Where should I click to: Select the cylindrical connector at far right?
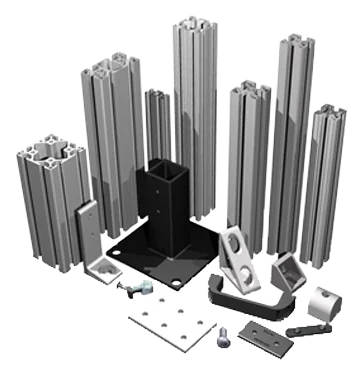pos(317,299)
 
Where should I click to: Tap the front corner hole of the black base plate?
pos(177,284)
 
